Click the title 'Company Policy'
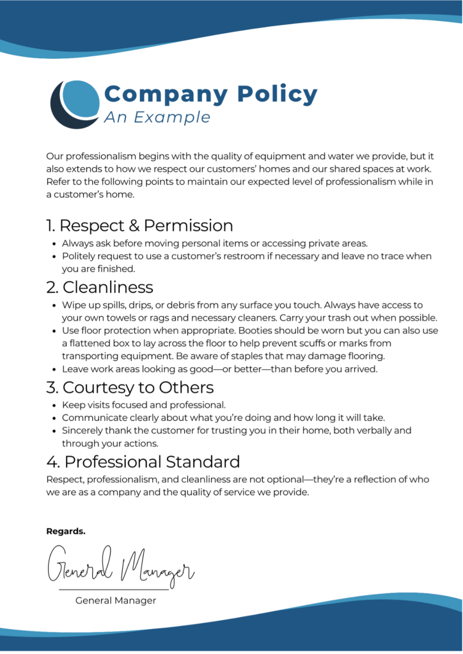tap(210, 95)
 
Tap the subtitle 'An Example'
tap(157, 118)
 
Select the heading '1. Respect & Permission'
tap(139, 225)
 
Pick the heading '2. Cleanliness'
tap(100, 287)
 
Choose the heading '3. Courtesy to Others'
tap(130, 387)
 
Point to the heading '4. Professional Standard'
tap(143, 461)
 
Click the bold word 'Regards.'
tap(66, 531)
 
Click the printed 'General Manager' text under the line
tap(116, 600)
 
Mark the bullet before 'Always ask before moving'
tap(52, 244)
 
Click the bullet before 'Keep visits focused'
tap(52, 406)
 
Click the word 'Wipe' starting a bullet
tap(73, 305)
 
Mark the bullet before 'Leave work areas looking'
tap(52, 369)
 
